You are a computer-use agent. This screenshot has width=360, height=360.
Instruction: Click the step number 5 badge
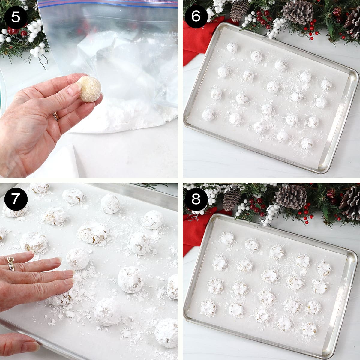(16, 17)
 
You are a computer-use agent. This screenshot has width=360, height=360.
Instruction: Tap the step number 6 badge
(196, 17)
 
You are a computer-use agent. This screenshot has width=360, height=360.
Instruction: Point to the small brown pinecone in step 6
(239, 10)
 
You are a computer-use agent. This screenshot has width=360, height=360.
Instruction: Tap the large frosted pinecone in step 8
(291, 196)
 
